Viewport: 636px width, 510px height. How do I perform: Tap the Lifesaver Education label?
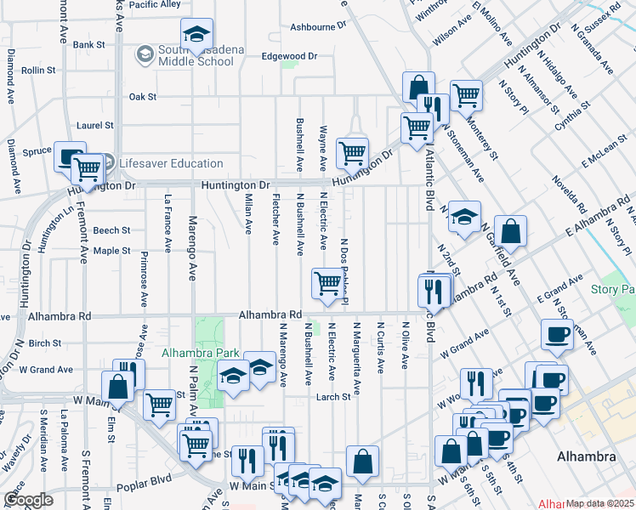click(x=171, y=163)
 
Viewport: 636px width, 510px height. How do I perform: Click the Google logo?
click(x=28, y=500)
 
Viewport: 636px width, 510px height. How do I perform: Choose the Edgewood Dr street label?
click(x=289, y=56)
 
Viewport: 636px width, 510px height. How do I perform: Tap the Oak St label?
click(x=142, y=97)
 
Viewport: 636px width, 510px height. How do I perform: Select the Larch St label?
click(x=333, y=397)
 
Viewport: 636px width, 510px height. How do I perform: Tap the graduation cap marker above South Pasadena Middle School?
click(x=196, y=34)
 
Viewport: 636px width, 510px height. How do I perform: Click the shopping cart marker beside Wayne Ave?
click(x=352, y=153)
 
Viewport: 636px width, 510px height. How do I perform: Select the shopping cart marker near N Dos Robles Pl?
click(x=327, y=283)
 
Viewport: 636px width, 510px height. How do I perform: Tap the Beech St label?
click(x=111, y=230)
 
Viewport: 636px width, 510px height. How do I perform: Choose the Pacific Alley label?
click(x=155, y=4)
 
